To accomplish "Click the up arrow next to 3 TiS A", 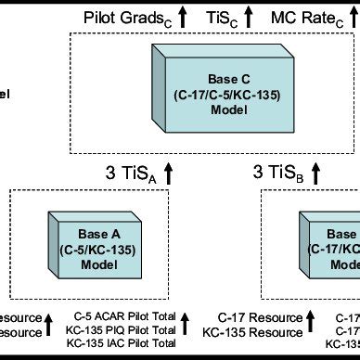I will (x=169, y=170).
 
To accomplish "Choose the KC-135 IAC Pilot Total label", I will (x=126, y=344).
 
